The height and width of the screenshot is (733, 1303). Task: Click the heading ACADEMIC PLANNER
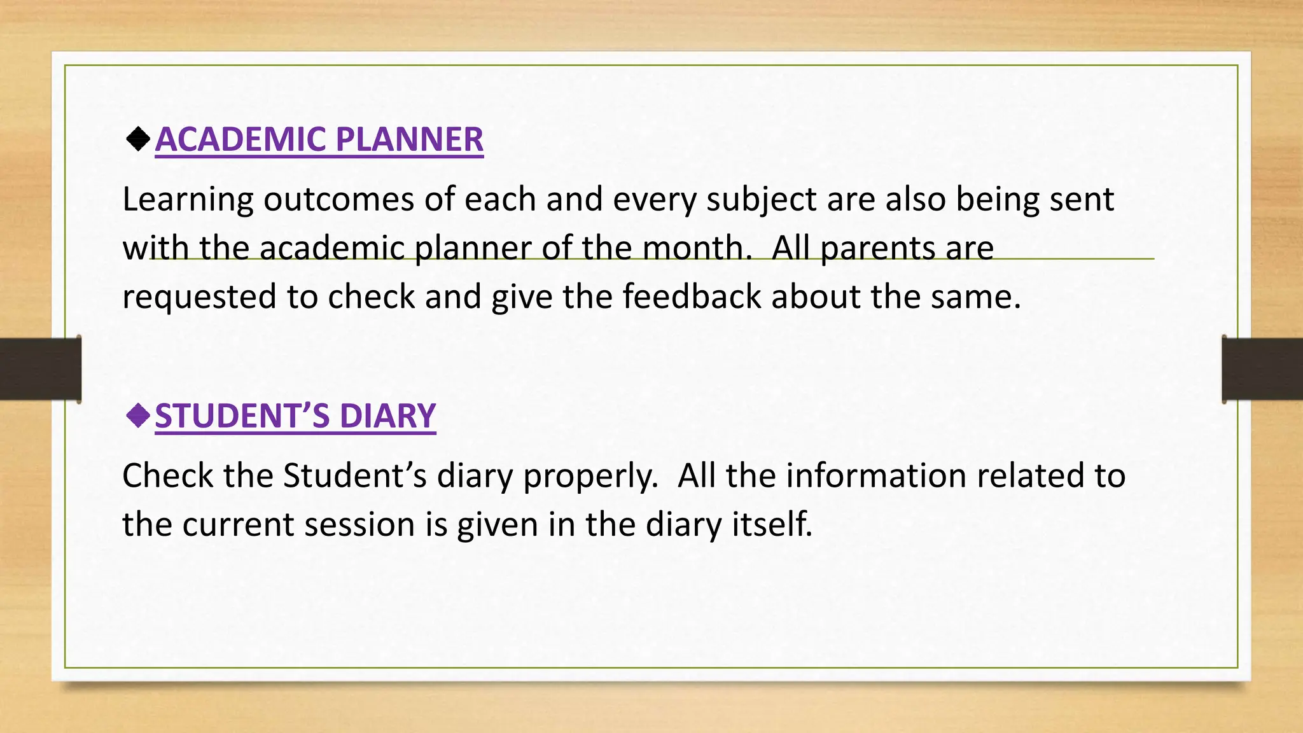pos(319,139)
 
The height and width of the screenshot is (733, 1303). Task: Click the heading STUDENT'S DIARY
pos(295,416)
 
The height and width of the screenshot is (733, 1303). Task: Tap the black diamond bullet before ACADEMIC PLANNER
pos(138,139)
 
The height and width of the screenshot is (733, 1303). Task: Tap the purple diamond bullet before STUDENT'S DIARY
pos(138,416)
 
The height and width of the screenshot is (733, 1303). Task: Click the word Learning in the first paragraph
pos(188,200)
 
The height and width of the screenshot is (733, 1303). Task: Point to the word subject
pos(761,200)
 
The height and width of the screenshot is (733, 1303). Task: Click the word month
pos(697,248)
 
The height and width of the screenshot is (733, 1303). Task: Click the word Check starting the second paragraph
pos(167,476)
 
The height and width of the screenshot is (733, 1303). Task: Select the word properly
pos(590,476)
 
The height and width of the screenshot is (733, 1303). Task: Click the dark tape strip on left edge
pos(40,369)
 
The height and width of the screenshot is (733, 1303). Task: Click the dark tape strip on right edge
pos(1262,369)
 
